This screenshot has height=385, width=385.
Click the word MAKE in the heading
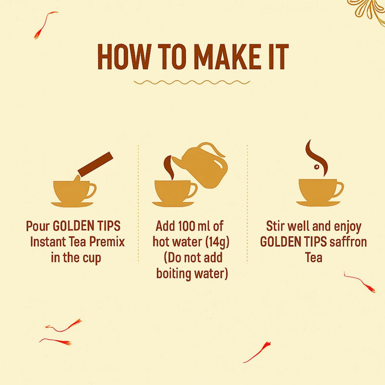pos(229,58)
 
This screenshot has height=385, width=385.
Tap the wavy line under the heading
pos(192,82)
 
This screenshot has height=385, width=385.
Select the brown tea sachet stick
pos(95,166)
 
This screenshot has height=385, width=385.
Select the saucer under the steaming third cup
pos(318,204)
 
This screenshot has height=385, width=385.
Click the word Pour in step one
pos(38,226)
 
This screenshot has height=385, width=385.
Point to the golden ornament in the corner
pos(368,9)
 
